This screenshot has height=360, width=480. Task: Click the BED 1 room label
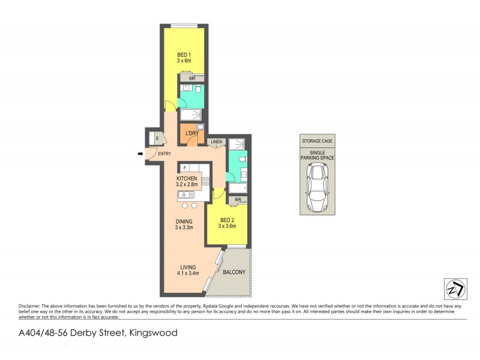(184, 57)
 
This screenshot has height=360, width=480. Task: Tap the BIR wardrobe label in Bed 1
(192, 78)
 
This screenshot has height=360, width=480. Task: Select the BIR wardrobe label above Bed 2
(238, 199)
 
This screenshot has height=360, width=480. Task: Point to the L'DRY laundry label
(191, 133)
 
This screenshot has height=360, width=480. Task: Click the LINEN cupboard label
(216, 142)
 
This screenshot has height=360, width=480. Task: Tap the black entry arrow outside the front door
(141, 154)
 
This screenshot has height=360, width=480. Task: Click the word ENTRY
(164, 154)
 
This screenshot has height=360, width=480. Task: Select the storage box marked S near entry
(156, 138)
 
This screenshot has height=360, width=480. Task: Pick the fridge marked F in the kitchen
(185, 169)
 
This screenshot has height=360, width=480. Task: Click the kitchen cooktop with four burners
(205, 180)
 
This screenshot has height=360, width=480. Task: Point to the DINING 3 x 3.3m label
(184, 224)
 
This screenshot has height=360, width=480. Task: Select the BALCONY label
(234, 272)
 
